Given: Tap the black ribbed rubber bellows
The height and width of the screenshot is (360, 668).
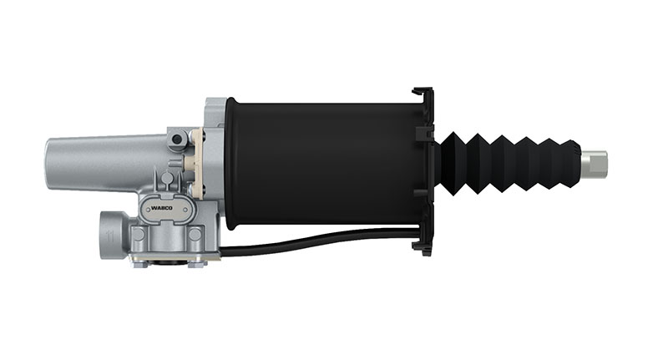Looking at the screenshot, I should [x=509, y=160].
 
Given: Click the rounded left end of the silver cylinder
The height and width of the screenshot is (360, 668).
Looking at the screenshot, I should [x=50, y=162].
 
